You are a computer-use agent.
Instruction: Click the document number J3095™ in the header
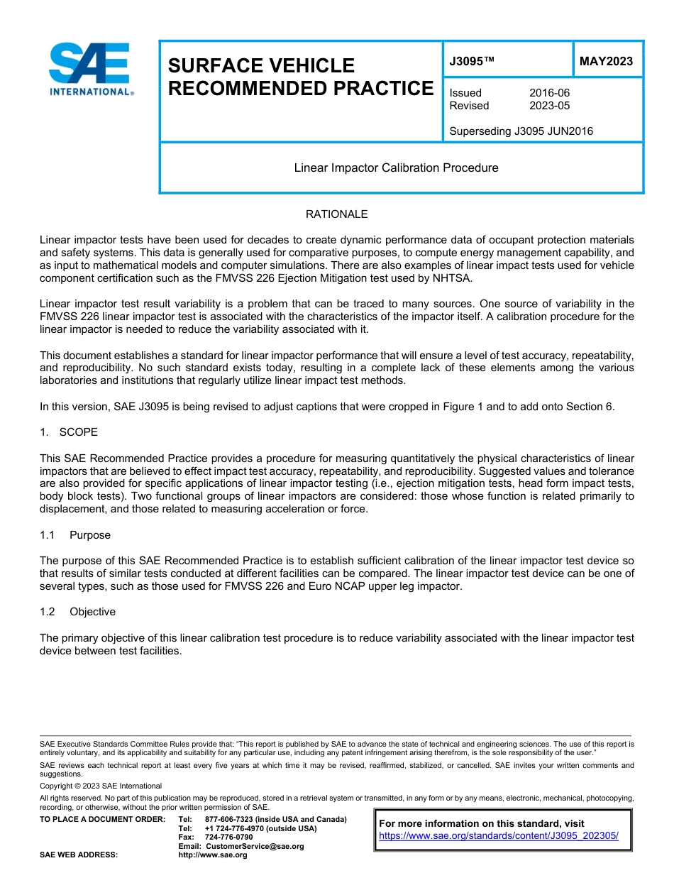[471, 62]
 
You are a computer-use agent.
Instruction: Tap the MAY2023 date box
[606, 62]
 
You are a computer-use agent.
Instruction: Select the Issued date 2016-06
[549, 93]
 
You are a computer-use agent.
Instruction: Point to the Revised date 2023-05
[549, 106]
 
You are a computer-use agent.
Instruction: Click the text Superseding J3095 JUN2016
[521, 131]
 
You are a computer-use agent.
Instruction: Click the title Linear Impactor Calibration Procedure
[396, 168]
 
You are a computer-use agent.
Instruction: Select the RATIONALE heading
[336, 214]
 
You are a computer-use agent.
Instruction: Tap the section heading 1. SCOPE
[69, 432]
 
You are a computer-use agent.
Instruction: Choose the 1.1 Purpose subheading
[75, 535]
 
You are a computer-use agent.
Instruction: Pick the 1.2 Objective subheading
[78, 612]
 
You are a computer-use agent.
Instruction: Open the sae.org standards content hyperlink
[499, 836]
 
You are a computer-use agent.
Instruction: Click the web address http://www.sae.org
[213, 855]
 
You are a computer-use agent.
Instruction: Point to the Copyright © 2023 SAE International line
[101, 786]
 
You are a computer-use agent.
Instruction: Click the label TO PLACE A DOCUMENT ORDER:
[102, 819]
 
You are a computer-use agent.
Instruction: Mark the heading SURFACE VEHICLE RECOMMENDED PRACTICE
[300, 77]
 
